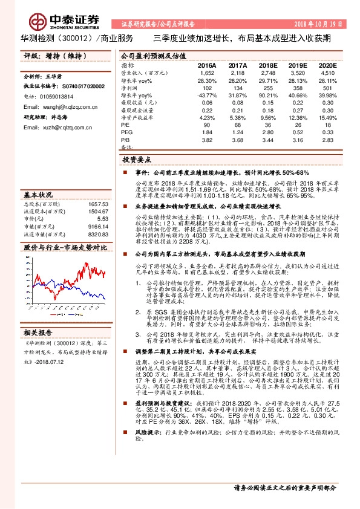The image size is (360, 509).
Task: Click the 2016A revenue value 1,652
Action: point(207,72)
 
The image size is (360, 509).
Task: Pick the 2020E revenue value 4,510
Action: point(327,72)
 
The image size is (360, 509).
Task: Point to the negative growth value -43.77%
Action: point(206,95)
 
